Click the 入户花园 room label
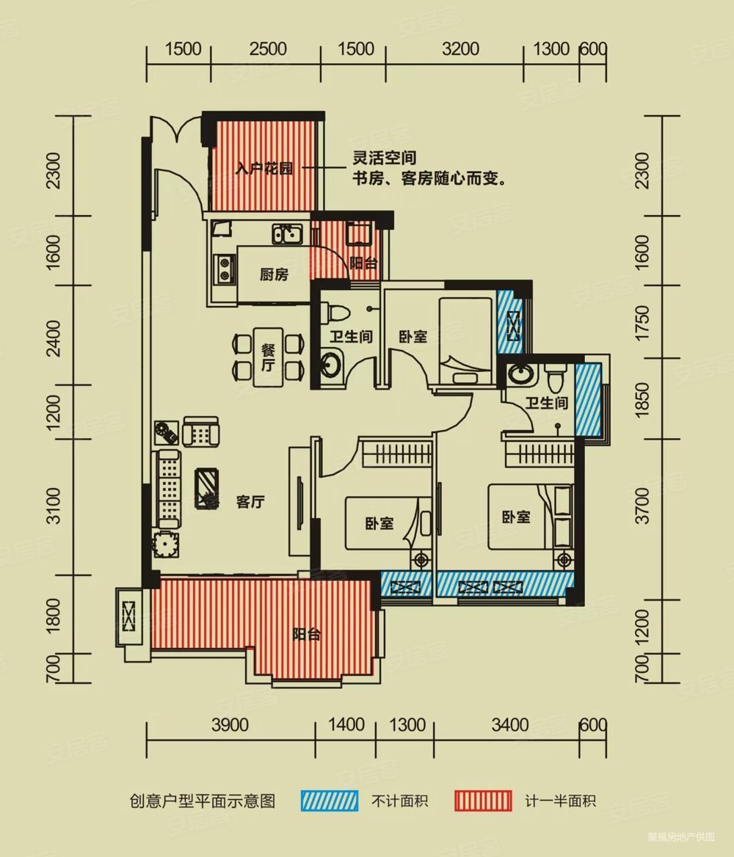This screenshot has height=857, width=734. click(x=264, y=169)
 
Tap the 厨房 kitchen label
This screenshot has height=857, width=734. click(x=274, y=275)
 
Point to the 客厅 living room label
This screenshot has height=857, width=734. click(x=250, y=503)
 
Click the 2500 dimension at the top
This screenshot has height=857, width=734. click(x=268, y=49)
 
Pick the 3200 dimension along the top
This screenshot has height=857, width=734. click(x=461, y=49)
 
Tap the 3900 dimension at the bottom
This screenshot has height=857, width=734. click(x=230, y=725)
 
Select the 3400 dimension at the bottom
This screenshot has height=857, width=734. click(x=510, y=725)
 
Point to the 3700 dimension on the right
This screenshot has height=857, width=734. click(x=643, y=506)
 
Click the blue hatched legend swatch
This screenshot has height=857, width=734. click(x=329, y=800)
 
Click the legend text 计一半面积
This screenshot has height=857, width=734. click(x=561, y=801)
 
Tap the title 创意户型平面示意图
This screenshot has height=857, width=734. click(x=202, y=801)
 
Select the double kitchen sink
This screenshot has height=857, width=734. click(x=288, y=234)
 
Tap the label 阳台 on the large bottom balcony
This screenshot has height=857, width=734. click(x=306, y=635)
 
